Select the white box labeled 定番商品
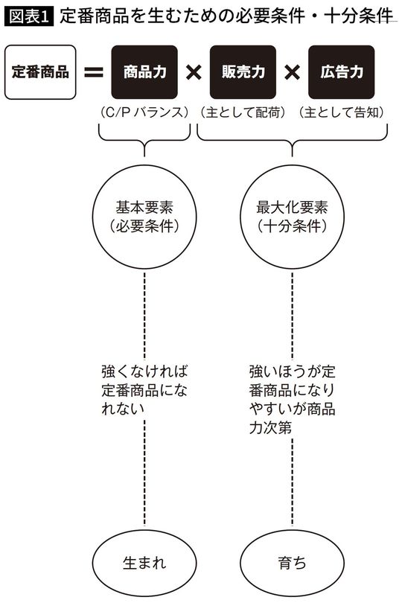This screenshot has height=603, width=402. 40,72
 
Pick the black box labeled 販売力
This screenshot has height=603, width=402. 242,72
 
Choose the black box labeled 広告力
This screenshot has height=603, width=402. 338,72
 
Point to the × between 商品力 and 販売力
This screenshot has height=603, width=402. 193,72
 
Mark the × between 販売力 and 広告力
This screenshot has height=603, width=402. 291,72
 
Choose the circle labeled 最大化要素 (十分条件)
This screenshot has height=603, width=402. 292,215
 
